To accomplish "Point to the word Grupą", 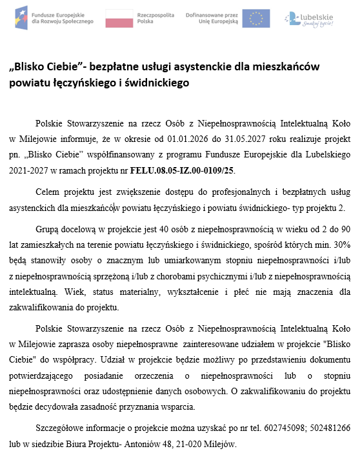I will coord(49,228).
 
